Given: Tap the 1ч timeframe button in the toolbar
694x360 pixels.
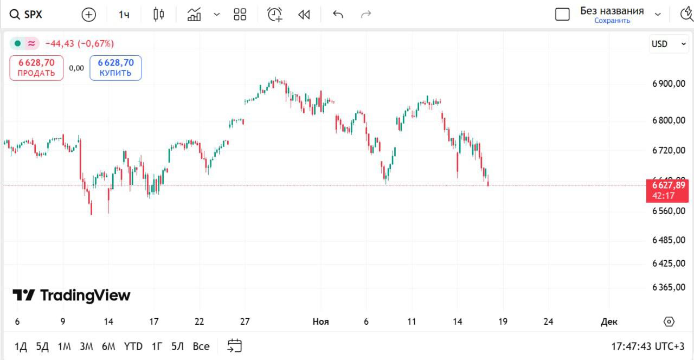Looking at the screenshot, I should coord(124,15).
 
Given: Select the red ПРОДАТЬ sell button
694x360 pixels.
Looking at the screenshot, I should coord(36,68).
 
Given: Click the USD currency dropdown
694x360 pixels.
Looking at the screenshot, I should coord(669,44).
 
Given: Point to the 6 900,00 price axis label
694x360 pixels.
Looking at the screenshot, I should coord(669,84).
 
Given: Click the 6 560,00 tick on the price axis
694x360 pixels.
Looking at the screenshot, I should coord(669,211).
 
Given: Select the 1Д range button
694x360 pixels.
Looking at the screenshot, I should coord(21,346).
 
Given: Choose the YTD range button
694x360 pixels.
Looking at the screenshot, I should coord(133,346).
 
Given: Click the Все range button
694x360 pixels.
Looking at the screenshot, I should coord(201,346).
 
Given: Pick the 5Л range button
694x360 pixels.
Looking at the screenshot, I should coord(177,346).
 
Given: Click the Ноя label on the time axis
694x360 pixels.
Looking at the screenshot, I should coord(320,322).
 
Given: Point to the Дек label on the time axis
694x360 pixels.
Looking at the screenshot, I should coord(609,322).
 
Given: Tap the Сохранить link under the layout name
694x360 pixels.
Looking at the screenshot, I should coord(612,21).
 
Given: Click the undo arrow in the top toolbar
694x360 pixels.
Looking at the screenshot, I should coord(338,15).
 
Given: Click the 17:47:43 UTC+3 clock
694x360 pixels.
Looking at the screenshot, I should coord(648,346).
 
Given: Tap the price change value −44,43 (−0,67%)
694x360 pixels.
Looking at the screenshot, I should coord(80,43).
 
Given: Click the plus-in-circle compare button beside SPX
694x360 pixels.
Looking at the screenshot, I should coord(88,15).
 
